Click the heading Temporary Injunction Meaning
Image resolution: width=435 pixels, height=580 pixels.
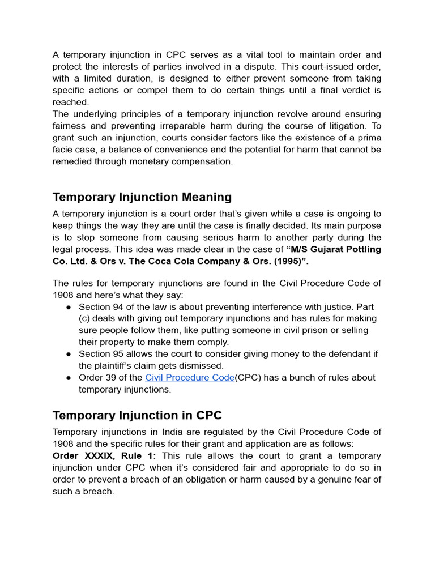[x=142, y=197]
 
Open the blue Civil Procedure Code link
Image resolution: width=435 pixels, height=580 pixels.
[x=190, y=378]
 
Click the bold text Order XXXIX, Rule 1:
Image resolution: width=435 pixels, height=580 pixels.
[x=104, y=456]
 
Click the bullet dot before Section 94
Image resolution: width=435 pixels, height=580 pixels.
[x=68, y=307]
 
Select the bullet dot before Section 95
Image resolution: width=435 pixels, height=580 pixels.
[x=68, y=354]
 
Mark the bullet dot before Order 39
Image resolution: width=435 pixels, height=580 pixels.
[x=68, y=378]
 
